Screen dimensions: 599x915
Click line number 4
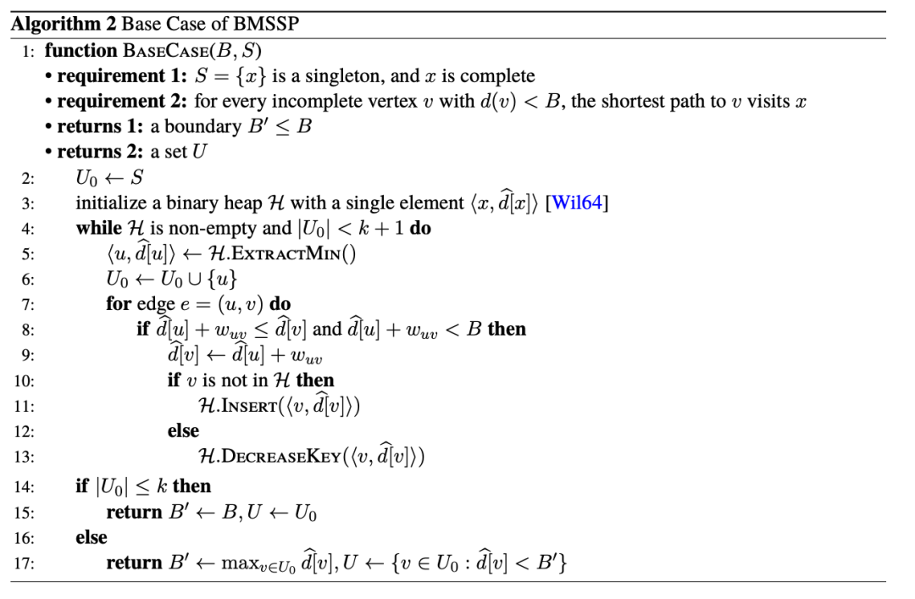tap(27, 229)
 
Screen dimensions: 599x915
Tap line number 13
tap(24, 458)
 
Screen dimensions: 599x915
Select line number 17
tap(24, 563)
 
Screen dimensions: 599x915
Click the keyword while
tap(99, 229)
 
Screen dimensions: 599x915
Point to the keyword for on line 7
tap(119, 303)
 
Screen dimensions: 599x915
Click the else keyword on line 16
tap(91, 537)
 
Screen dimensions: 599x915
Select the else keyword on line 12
tap(183, 430)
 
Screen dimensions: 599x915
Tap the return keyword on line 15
tap(134, 512)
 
